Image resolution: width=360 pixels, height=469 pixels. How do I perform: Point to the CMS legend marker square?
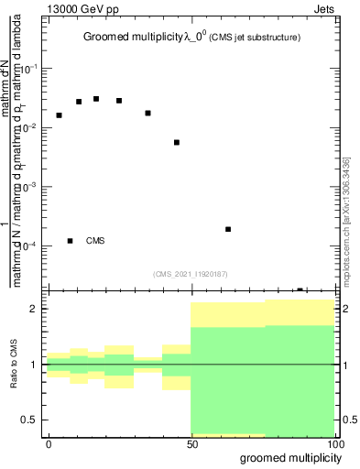71,241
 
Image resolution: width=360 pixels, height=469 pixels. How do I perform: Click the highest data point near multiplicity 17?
96,99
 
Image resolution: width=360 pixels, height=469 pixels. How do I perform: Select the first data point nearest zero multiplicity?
59,115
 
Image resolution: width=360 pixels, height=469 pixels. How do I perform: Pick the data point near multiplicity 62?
228,229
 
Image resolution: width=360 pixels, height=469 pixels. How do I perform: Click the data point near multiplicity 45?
177,142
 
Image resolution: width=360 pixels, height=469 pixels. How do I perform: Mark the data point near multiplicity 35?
147,113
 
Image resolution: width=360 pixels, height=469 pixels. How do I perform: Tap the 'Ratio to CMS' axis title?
15,365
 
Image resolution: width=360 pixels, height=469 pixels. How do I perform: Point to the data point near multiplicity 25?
119,101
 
